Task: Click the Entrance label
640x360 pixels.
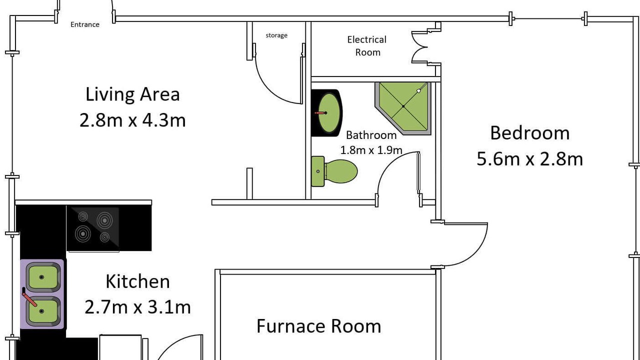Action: click(85, 24)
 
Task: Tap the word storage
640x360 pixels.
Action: click(276, 35)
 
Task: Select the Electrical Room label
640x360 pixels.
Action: click(367, 45)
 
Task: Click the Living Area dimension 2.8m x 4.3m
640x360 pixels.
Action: click(132, 120)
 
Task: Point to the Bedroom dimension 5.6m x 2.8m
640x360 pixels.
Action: click(529, 159)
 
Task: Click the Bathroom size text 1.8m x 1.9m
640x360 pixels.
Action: click(371, 150)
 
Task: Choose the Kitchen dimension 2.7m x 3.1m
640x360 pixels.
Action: click(137, 307)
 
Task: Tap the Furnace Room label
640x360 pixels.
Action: click(319, 326)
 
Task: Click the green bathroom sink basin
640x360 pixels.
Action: click(329, 113)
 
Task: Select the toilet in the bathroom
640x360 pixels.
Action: click(334, 171)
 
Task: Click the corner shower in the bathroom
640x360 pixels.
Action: click(403, 108)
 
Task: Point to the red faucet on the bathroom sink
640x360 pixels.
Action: click(320, 113)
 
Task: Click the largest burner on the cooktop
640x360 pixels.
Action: click(83, 233)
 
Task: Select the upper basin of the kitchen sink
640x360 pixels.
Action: click(42, 277)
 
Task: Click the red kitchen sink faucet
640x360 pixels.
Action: click(29, 297)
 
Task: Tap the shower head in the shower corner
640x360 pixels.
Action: click(419, 90)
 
